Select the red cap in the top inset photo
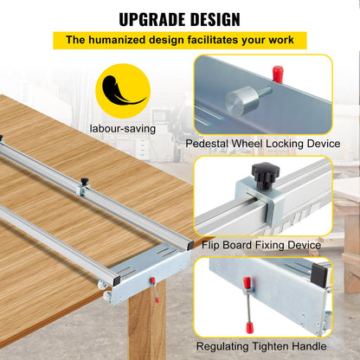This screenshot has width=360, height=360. pyautogui.click(x=277, y=72)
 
